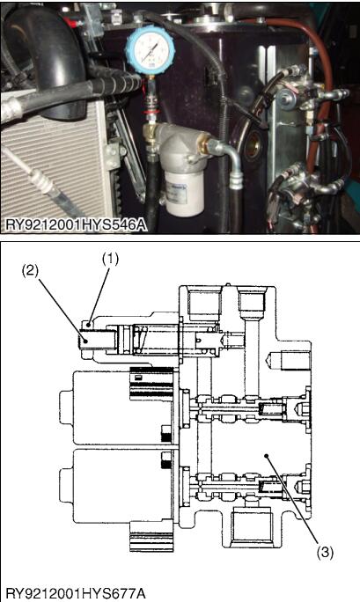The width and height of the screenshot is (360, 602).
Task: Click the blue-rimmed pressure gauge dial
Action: [x=151, y=50]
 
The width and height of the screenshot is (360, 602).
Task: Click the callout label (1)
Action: [x=110, y=260]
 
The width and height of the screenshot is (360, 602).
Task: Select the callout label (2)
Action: [x=30, y=271]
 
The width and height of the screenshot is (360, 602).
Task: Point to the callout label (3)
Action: [x=325, y=553]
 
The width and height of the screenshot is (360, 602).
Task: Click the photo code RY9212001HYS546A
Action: [x=75, y=224]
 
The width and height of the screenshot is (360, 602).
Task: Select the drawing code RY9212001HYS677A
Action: [x=75, y=593]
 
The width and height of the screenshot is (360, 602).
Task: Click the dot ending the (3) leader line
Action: [x=266, y=457]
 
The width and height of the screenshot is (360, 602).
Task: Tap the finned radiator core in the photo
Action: [x=50, y=169]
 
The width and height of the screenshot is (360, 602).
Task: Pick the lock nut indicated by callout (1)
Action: [x=89, y=325]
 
